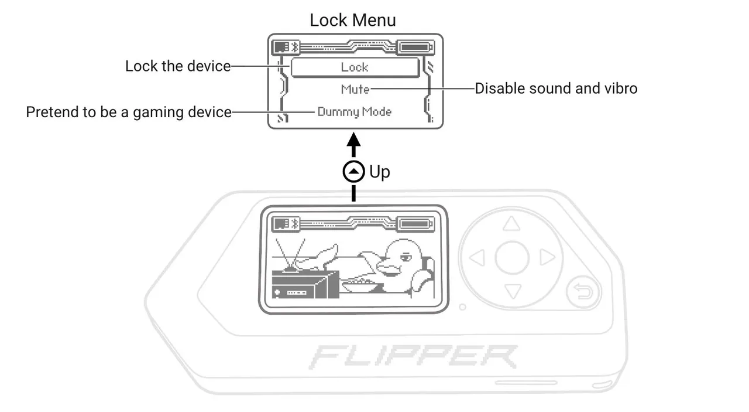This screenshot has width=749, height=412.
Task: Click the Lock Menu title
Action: (x=352, y=20)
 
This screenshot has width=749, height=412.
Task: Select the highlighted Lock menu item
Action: (x=355, y=67)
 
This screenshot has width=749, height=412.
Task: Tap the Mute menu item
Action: (x=355, y=89)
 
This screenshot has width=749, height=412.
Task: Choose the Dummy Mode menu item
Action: (x=354, y=111)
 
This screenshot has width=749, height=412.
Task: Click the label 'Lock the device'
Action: (x=178, y=66)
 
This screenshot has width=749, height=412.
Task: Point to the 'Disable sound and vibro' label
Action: (x=555, y=89)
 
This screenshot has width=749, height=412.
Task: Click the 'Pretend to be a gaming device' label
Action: (x=129, y=112)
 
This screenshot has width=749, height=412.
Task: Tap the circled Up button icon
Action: (x=353, y=172)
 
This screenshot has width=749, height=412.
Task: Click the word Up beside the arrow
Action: (x=379, y=172)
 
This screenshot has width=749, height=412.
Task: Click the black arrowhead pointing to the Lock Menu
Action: (x=353, y=141)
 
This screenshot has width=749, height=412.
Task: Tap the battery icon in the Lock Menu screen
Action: (x=415, y=47)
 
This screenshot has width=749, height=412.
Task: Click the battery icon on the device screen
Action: (x=415, y=223)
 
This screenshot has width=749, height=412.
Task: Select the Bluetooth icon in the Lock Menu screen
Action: (x=296, y=47)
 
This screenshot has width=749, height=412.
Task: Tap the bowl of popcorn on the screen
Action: (x=359, y=286)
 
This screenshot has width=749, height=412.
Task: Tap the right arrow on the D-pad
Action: (x=547, y=257)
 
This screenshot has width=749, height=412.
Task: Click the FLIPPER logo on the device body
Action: (x=413, y=356)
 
